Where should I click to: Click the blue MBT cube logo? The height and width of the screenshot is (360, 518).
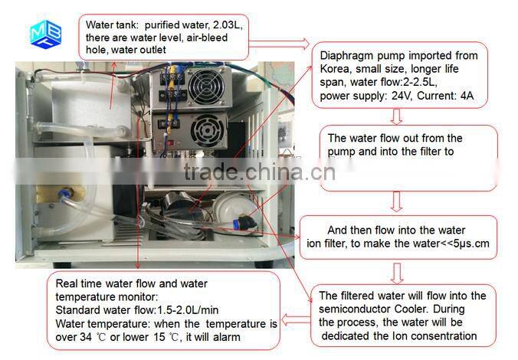tap(45, 34)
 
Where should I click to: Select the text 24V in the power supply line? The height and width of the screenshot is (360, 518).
tap(402, 96)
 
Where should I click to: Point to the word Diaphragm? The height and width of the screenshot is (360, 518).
tap(346, 56)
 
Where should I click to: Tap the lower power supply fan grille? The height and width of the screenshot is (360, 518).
tap(207, 129)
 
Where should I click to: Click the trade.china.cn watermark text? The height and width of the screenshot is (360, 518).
tap(259, 172)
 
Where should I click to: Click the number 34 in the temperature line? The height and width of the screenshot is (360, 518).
tap(86, 337)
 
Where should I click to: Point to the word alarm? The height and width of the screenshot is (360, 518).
tap(227, 337)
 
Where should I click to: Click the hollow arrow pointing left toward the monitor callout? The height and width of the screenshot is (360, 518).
tap(296, 319)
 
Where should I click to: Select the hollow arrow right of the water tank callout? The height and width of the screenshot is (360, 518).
tap(280, 44)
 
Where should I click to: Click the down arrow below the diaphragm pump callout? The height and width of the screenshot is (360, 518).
tap(396, 116)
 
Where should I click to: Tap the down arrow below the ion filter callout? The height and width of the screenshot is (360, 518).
tap(397, 273)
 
